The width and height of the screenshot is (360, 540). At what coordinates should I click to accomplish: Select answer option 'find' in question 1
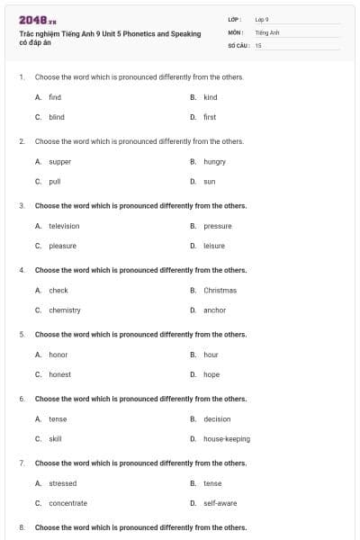[x=55, y=97]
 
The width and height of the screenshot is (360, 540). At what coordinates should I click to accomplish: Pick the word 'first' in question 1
[x=210, y=117]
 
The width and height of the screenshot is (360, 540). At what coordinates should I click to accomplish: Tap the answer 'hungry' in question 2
[x=214, y=162]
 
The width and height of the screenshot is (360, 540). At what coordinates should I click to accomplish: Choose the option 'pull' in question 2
[x=55, y=181]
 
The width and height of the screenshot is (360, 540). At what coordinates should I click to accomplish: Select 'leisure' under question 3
[x=214, y=246]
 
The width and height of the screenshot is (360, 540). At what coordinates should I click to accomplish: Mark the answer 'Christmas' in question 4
[x=220, y=291]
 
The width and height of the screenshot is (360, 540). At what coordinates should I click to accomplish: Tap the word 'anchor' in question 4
[x=214, y=310]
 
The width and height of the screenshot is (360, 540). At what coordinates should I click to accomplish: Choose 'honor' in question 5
[x=58, y=355]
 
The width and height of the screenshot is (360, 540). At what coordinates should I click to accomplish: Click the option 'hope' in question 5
[x=211, y=374]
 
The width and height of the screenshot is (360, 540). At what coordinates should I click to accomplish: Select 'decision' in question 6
[x=217, y=419]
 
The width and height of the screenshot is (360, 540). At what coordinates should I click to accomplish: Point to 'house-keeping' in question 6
[x=227, y=439]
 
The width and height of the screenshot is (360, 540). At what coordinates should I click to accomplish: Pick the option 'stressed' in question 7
[x=63, y=483]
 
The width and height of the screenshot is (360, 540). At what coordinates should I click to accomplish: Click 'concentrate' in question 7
[x=68, y=503]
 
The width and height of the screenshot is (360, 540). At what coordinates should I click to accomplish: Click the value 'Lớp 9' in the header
[x=262, y=18]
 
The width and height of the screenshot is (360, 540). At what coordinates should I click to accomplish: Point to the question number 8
[x=22, y=527]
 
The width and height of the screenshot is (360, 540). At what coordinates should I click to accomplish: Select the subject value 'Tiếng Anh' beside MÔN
[x=267, y=31]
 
